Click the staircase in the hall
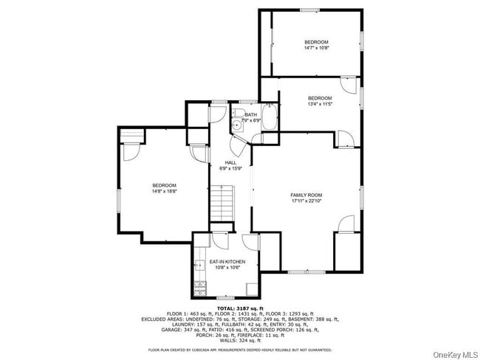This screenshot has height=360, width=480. tap(222, 203)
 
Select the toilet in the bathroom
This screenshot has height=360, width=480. tap(239, 125)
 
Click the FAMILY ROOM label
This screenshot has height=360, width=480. tap(306, 195)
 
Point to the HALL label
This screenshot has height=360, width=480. tap(231, 162)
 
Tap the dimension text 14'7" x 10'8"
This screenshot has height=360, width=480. tap(316, 48)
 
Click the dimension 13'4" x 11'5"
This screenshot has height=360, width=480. tap(319, 104)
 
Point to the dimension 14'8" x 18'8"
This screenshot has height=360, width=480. tap(164, 191)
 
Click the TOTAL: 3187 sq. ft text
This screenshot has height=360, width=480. tap(240, 308)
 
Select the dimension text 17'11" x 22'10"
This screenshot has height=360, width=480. tap(306, 201)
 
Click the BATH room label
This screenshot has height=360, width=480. tap(251, 114)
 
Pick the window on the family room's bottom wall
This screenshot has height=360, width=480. tap(306, 271)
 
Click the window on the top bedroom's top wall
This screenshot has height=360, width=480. tap(309, 10)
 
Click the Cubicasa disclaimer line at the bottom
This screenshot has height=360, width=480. tap(240, 350)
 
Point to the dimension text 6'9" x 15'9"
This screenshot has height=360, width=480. tap(231, 168)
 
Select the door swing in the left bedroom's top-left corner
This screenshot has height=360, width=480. tap(130, 151)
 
